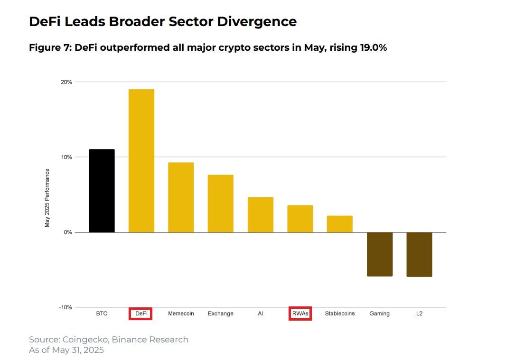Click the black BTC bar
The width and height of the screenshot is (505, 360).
tap(102, 191)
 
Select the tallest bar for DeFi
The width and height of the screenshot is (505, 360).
tap(141, 161)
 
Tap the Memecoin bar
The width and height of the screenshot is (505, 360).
tap(181, 197)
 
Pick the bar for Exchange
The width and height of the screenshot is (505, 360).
tap(220, 203)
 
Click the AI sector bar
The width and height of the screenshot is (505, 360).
tap(260, 214)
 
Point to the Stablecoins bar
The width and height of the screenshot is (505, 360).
tap(339, 224)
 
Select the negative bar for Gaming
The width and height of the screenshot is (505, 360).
tap(379, 254)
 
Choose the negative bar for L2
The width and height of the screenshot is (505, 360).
tap(419, 255)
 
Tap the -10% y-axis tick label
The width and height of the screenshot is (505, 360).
tap(65, 307)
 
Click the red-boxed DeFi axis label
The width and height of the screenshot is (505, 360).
tap(141, 314)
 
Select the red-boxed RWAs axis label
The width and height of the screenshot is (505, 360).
tap(300, 314)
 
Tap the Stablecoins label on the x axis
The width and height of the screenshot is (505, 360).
tap(340, 314)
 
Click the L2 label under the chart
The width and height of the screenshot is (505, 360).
tap(419, 314)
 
